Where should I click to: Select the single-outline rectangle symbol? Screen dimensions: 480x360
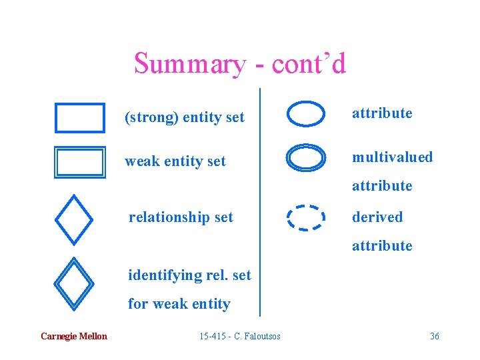80,118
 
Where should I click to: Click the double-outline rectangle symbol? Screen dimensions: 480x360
80,162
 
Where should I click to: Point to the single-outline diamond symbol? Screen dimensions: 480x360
73,219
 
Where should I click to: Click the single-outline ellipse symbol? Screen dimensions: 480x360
306,113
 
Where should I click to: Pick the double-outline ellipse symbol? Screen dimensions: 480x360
306,157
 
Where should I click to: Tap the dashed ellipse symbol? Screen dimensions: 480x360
306,217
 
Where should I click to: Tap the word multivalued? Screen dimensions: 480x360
393,157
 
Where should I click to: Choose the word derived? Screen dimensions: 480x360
377,217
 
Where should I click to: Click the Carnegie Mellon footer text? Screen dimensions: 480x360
73,336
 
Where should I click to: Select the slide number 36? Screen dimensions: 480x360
435,336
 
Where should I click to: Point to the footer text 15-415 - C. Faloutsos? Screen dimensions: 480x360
240,336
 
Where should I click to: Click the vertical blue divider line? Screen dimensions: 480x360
259,200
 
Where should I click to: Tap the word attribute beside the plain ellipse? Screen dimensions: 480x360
382,113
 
